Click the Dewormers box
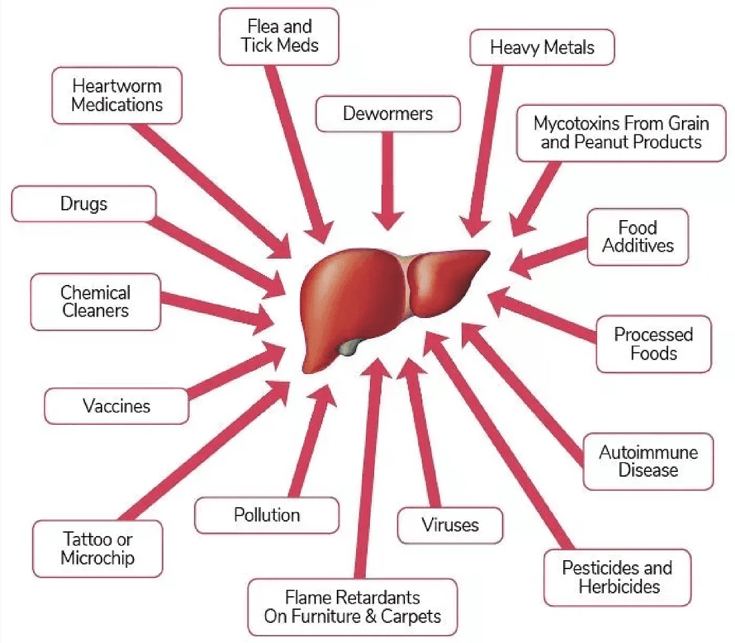[x=388, y=114]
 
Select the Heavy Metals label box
[x=542, y=48]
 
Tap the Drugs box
[x=84, y=204]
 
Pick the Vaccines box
[x=117, y=406]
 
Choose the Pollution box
[x=266, y=515]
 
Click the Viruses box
[x=450, y=525]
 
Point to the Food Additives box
[x=638, y=237]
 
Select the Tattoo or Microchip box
[x=97, y=548]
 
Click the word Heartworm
[x=117, y=86]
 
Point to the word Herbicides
[x=619, y=586]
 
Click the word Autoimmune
[x=648, y=453]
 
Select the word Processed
[x=654, y=335]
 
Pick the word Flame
[x=307, y=598]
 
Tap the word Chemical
[x=96, y=293]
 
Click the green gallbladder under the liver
[x=350, y=346]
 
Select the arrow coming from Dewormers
[x=388, y=181]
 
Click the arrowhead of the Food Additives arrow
[x=520, y=264]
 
